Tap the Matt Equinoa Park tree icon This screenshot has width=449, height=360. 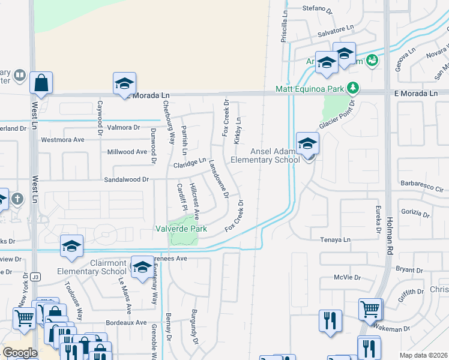coord(354,88)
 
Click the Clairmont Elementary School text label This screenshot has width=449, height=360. coord(100,267)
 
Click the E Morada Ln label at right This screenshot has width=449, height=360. coord(416,94)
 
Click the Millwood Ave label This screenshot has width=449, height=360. coord(127,152)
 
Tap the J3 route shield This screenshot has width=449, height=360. coord(36,277)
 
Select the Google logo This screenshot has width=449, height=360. coord(20,353)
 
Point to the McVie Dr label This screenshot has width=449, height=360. coord(348,278)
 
